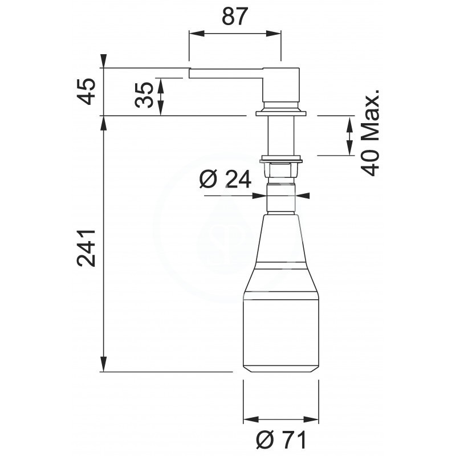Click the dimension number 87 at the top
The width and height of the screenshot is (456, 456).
[234, 17]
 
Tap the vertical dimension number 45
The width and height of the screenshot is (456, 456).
[87, 91]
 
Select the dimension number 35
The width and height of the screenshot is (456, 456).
[144, 95]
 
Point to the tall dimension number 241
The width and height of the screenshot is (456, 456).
[86, 248]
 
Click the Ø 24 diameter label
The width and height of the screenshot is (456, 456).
[225, 179]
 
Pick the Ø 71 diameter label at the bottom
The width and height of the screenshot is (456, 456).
[281, 439]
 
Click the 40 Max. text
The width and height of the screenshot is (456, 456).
[370, 132]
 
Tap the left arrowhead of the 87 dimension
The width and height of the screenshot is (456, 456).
[197, 34]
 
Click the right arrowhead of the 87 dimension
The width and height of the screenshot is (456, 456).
[274, 34]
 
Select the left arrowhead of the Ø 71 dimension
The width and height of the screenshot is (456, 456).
[251, 420]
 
